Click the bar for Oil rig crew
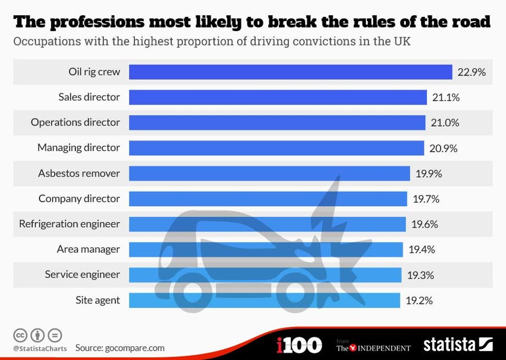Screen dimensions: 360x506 click(290, 72)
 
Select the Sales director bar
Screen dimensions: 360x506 click(278, 97)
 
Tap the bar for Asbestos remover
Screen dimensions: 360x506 click(269, 174)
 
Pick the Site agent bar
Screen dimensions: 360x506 click(264, 300)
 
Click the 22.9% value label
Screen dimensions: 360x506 click(471, 72)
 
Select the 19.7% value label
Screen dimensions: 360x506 click(426, 199)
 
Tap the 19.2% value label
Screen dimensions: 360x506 click(419, 300)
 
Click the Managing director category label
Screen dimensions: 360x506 click(79, 148)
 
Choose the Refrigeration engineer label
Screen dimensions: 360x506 click(70, 224)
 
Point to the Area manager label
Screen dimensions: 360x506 click(88, 249)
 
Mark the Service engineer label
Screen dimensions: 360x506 click(82, 275)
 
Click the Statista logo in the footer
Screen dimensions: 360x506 click(458, 345)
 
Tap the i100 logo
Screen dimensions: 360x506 click(299, 345)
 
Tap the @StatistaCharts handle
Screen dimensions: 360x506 click(40, 349)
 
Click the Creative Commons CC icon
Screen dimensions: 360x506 click(20, 335)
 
